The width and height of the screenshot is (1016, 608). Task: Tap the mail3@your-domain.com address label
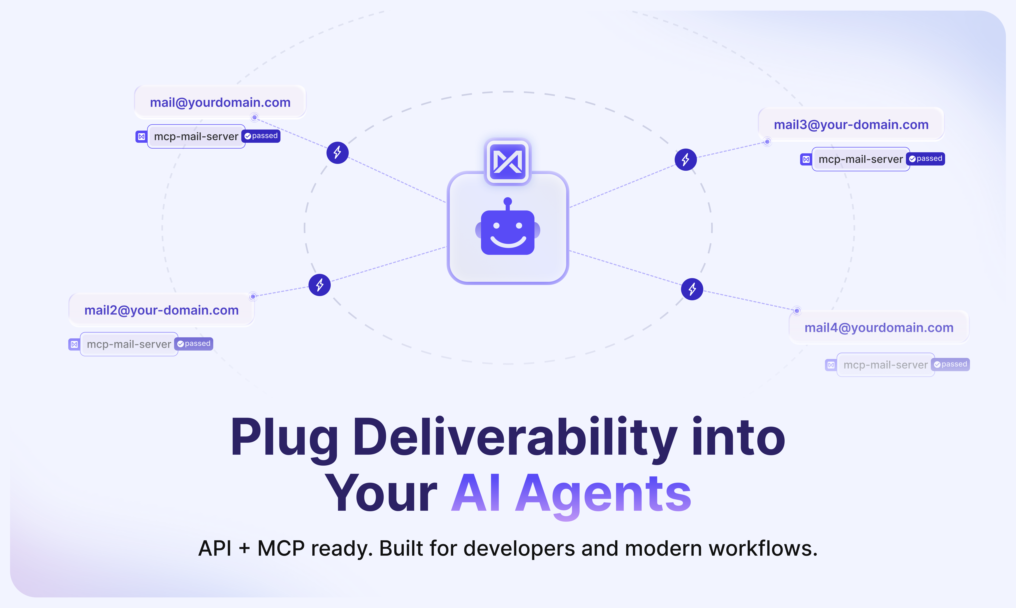tap(851, 125)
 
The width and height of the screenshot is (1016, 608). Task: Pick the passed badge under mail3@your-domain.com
tap(926, 159)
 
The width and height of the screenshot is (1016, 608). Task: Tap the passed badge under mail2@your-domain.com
tap(194, 344)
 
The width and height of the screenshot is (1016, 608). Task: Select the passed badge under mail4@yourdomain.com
tap(950, 364)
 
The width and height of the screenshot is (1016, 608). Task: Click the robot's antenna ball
tap(508, 201)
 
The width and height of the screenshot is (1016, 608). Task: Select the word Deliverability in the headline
tap(515, 438)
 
